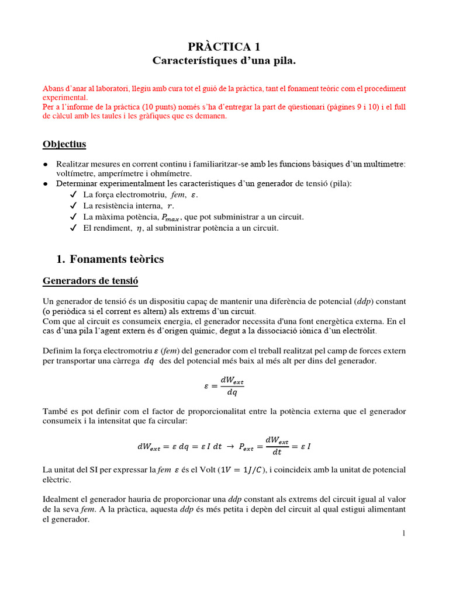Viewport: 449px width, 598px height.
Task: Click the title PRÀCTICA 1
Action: [224, 46]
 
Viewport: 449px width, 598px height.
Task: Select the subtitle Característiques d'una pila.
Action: [224, 61]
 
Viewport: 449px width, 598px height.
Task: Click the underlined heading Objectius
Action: [64, 144]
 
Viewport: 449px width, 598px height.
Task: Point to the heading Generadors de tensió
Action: [91, 281]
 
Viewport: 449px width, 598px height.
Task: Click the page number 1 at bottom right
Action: [403, 533]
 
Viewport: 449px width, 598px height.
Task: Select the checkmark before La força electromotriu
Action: [73, 194]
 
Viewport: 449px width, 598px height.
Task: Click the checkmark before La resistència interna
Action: [73, 206]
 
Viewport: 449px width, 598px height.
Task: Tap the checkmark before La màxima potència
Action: [73, 217]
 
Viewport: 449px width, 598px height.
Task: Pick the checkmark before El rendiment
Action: [73, 228]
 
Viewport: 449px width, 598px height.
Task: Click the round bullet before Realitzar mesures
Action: [46, 165]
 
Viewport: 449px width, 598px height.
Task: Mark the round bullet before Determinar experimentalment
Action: [46, 184]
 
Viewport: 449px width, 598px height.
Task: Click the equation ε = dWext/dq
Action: [224, 386]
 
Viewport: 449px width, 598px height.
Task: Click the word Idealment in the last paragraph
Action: [62, 499]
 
